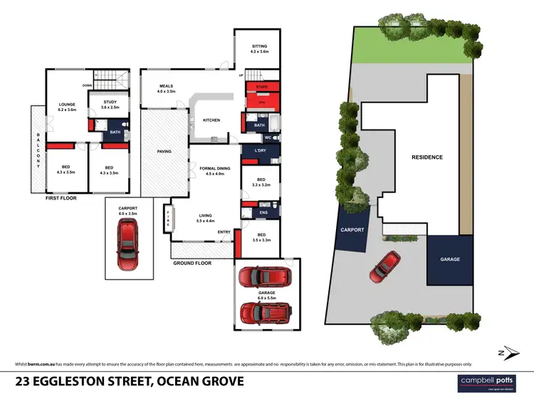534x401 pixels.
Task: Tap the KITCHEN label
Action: [211, 120]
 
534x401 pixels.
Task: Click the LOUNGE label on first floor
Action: [67, 107]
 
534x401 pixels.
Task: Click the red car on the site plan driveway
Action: [383, 266]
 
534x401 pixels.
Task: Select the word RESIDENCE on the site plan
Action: [427, 157]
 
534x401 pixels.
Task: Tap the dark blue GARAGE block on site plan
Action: [450, 259]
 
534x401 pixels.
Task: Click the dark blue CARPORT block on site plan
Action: [352, 230]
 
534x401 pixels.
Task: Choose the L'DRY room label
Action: [259, 150]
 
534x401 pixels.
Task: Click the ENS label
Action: [262, 212]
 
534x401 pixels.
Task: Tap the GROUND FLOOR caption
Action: [192, 263]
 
